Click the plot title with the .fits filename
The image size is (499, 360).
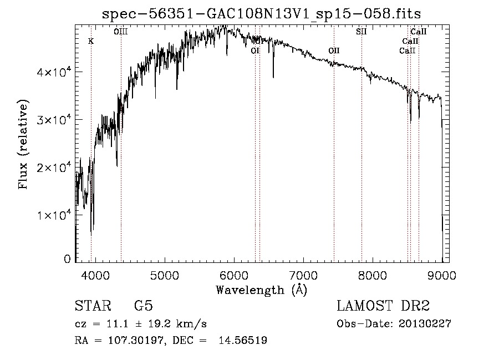point(265,14)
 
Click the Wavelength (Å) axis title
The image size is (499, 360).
point(261,290)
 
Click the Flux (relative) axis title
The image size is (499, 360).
point(23,144)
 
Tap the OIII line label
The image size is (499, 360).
point(120,32)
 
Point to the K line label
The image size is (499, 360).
point(91,41)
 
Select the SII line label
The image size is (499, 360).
point(361,32)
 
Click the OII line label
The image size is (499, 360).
point(334,50)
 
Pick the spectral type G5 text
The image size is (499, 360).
point(143,306)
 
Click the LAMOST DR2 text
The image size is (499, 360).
point(383,306)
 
